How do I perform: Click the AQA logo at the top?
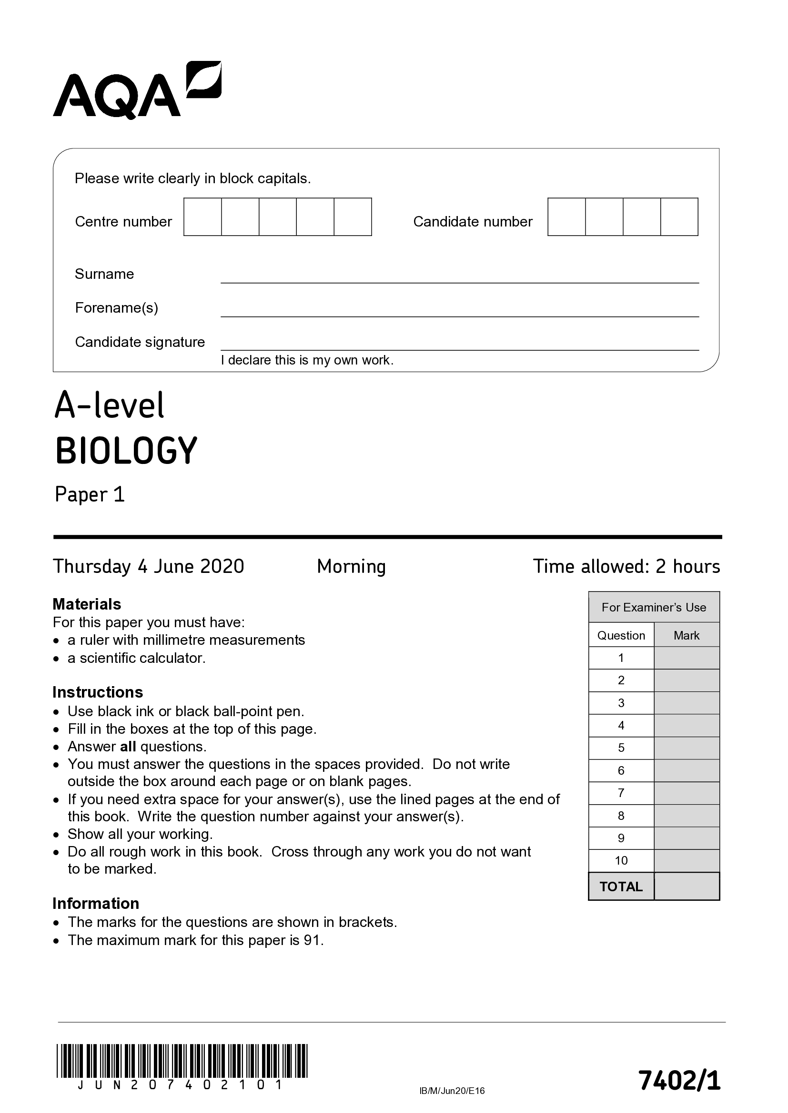tap(137, 91)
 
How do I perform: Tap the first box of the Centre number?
tap(202, 217)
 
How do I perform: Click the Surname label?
tap(104, 274)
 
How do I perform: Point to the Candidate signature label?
tap(140, 342)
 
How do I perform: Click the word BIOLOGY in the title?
tap(126, 451)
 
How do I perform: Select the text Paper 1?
tap(90, 494)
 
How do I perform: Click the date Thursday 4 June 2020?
tap(149, 566)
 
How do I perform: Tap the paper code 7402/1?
tap(679, 1081)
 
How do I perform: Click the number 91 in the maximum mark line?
tap(312, 940)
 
